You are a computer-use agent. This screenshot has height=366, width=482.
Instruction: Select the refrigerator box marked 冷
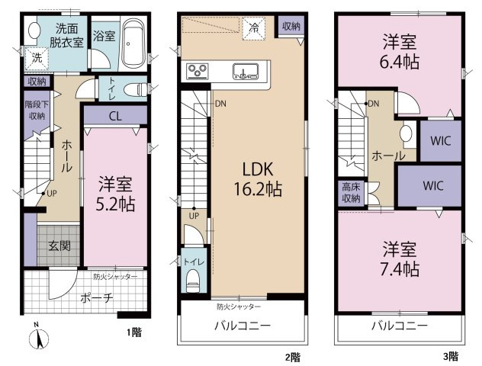point(254,28)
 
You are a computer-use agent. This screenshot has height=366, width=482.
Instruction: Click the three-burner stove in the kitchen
point(198,71)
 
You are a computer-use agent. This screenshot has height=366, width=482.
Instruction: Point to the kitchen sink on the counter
point(246,72)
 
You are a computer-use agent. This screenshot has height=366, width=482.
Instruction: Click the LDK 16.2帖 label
point(258,179)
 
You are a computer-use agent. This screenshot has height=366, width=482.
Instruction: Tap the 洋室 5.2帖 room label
point(115,194)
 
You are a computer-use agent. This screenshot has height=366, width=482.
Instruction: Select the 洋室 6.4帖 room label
point(400,52)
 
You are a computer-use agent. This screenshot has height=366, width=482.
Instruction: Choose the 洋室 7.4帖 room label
point(400,259)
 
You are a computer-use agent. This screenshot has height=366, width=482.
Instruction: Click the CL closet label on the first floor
point(115,116)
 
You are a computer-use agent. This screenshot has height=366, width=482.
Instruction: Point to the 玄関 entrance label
point(59,246)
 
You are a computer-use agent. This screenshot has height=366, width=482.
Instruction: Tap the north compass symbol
point(39,338)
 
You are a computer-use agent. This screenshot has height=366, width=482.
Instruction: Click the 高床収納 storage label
point(351,193)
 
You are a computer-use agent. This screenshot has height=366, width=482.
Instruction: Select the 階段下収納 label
point(37,110)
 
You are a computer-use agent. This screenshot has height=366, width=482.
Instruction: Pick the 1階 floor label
point(135,332)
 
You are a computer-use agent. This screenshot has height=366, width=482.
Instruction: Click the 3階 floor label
point(451,357)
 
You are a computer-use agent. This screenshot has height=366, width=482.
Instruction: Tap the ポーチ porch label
point(97,298)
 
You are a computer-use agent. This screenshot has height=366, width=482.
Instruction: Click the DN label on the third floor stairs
point(374,104)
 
